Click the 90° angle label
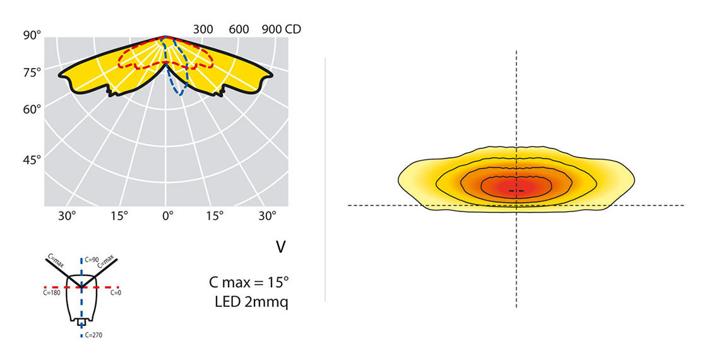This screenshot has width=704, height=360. click(x=32, y=35)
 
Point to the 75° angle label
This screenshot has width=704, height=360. click(x=32, y=72)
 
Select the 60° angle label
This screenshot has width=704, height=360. click(x=32, y=109)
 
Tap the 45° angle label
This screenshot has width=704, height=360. click(x=32, y=160)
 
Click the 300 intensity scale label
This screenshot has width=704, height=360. click(x=203, y=29)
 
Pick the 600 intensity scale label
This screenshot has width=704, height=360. click(x=239, y=29)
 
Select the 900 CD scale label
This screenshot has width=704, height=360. click(x=281, y=29)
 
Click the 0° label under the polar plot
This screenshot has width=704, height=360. click(x=167, y=216)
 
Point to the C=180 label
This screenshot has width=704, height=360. click(x=52, y=293)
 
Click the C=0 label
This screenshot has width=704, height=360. click(x=116, y=293)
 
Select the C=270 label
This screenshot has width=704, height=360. click(x=93, y=335)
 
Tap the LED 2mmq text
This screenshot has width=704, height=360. click(x=252, y=302)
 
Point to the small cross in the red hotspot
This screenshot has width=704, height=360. click(x=516, y=190)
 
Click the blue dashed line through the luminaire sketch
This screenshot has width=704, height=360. click(x=81, y=303)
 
